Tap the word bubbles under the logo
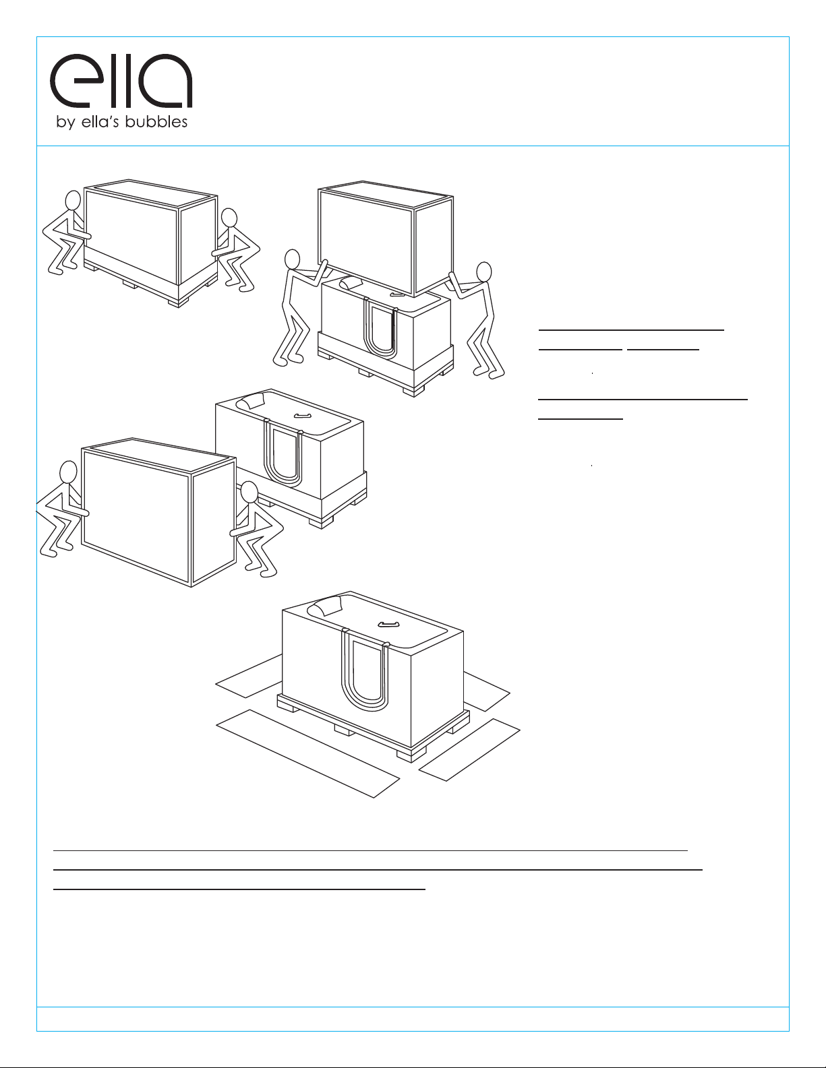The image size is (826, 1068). click(x=156, y=121)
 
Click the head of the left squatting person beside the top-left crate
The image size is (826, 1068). click(x=73, y=201)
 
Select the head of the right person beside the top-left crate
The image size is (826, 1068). click(x=230, y=218)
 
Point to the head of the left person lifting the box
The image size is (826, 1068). click(x=292, y=259)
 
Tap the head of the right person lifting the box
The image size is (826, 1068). click(x=484, y=272)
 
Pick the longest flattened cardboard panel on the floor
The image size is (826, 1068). click(x=307, y=753)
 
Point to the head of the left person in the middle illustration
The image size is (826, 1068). click(x=68, y=473)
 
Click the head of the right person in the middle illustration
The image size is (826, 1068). click(x=249, y=493)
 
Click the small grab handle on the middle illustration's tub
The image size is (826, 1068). click(x=302, y=416)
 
